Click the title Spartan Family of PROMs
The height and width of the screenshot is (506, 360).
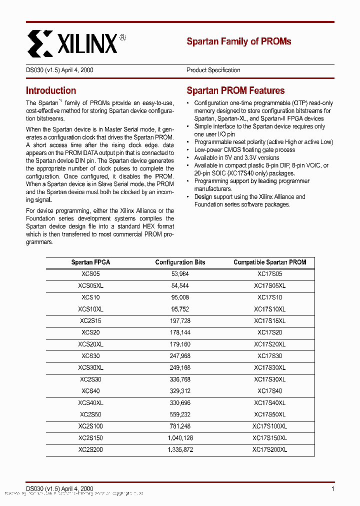coord(238,41)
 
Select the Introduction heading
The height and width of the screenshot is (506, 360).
coord(51,91)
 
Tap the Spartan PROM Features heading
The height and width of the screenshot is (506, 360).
coord(235,91)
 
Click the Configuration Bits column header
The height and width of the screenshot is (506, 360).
coord(180,262)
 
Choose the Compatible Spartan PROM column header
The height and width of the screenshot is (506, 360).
coord(269,262)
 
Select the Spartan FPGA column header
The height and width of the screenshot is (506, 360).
coord(90,262)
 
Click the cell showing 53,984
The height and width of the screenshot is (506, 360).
coord(180,274)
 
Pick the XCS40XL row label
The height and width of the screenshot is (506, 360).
coord(90,402)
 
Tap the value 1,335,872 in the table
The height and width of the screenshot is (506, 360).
coord(180,449)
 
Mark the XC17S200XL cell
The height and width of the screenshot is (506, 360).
coord(269,449)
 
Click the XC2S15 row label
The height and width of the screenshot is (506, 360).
coord(90,320)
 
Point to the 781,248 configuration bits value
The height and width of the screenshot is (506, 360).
coord(180,426)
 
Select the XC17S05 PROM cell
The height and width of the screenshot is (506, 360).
coord(269,274)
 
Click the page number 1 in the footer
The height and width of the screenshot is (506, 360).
coord(332,488)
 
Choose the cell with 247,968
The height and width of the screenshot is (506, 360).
coord(180,356)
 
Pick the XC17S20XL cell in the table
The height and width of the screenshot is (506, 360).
coord(269,344)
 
